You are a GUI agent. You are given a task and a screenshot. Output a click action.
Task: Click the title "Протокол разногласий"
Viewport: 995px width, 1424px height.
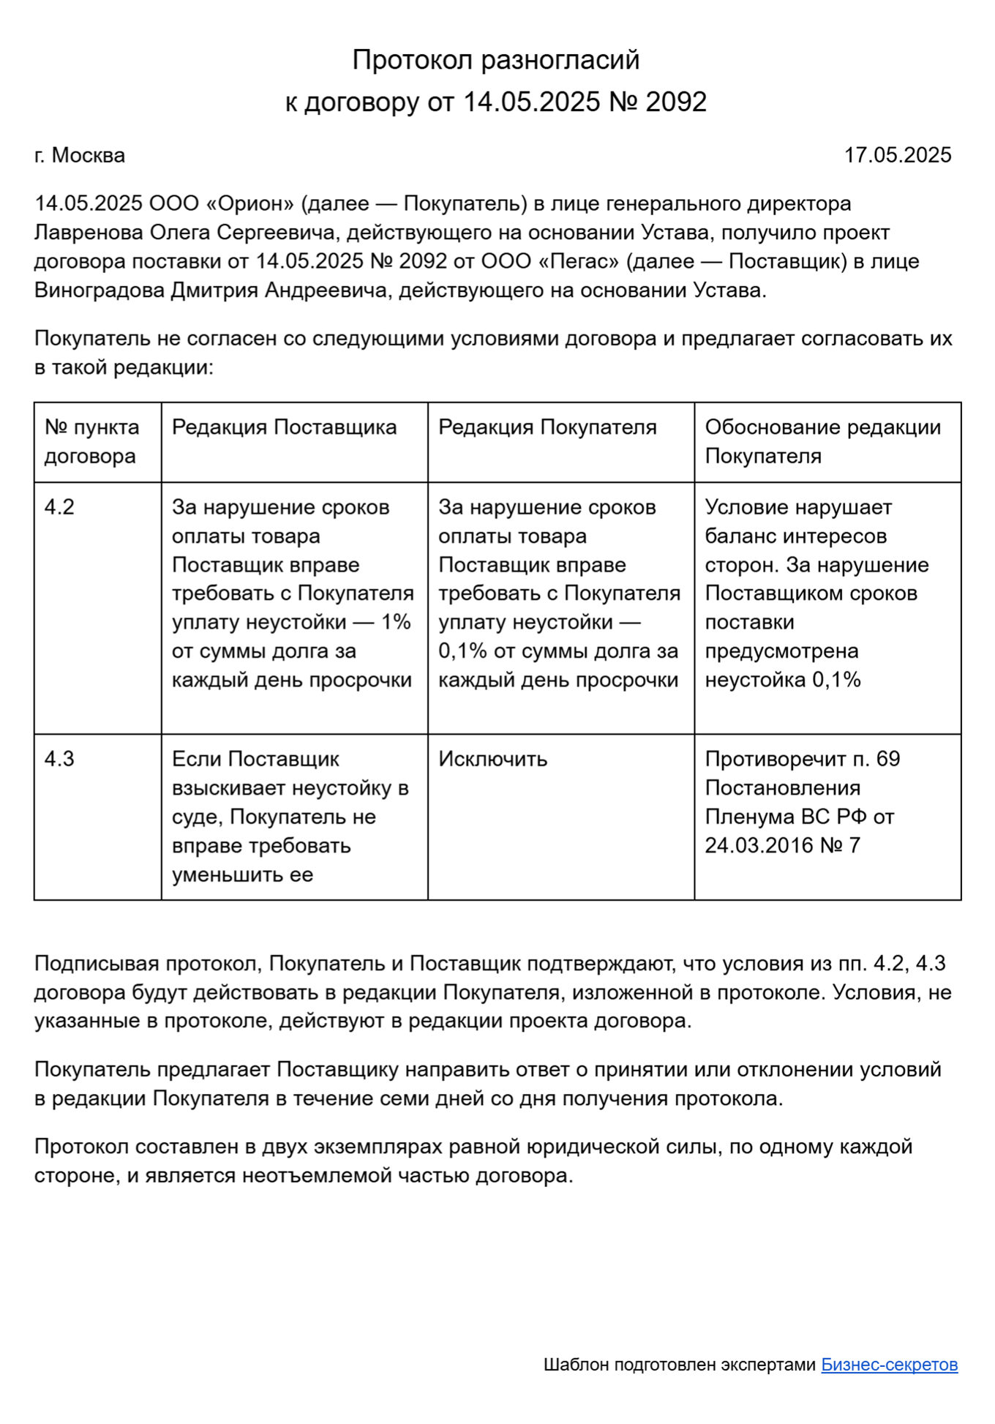[496, 60]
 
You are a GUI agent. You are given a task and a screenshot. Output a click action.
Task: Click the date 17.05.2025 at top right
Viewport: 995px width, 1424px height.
[898, 155]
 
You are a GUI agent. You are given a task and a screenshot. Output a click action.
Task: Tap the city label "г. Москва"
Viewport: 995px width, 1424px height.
[80, 155]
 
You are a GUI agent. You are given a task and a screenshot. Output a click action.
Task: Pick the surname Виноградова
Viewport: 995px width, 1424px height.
[99, 291]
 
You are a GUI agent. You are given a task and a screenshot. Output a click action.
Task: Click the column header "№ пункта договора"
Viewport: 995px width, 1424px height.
[91, 441]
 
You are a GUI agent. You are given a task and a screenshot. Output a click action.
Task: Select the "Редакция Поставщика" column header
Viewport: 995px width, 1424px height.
[284, 427]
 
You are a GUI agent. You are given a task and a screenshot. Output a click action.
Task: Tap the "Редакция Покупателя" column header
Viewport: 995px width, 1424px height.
[547, 427]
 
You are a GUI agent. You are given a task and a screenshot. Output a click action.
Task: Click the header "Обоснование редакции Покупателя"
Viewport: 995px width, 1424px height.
[822, 441]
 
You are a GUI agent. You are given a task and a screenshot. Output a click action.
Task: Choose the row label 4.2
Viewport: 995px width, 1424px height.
[59, 507]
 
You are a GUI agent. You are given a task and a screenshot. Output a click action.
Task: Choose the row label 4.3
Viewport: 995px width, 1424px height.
[59, 759]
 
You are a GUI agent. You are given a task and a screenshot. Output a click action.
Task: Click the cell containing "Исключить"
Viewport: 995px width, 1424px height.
[492, 759]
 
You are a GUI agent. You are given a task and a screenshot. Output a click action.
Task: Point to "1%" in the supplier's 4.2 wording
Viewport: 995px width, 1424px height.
[396, 622]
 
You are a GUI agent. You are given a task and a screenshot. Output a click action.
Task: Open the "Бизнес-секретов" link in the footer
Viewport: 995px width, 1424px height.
[889, 1365]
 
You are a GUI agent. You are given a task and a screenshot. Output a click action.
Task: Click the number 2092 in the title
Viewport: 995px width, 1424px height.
[676, 102]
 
